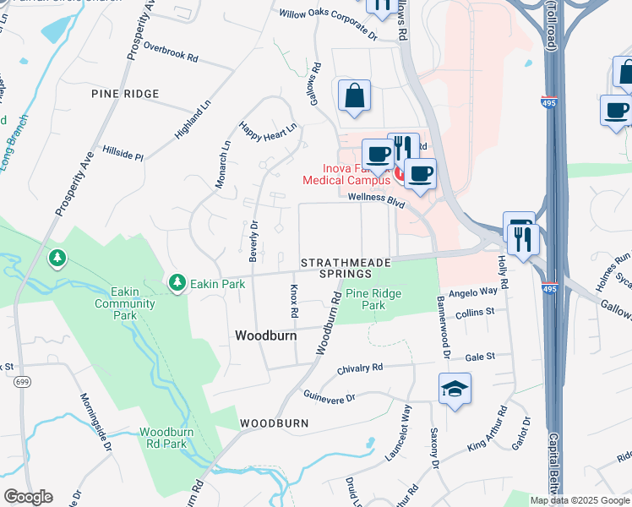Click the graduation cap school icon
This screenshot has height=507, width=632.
(455, 389)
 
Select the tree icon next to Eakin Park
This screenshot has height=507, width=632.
(177, 281)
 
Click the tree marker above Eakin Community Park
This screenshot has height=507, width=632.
(57, 257)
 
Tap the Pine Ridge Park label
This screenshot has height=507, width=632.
(373, 299)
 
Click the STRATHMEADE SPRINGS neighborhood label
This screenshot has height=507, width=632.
(345, 268)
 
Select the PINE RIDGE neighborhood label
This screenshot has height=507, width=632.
(125, 95)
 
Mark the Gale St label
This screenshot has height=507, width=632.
(479, 357)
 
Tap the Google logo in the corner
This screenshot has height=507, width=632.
(28, 497)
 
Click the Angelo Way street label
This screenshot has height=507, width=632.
(472, 291)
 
